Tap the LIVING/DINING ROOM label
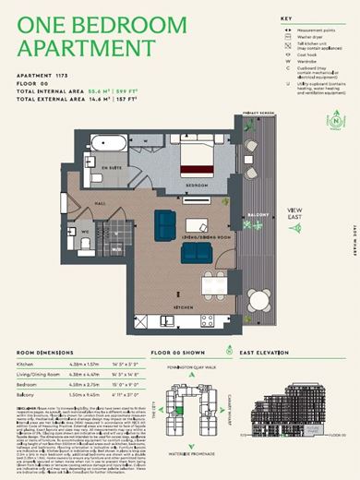tap(196, 236)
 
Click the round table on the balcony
tap(256, 300)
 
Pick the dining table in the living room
tap(195, 224)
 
